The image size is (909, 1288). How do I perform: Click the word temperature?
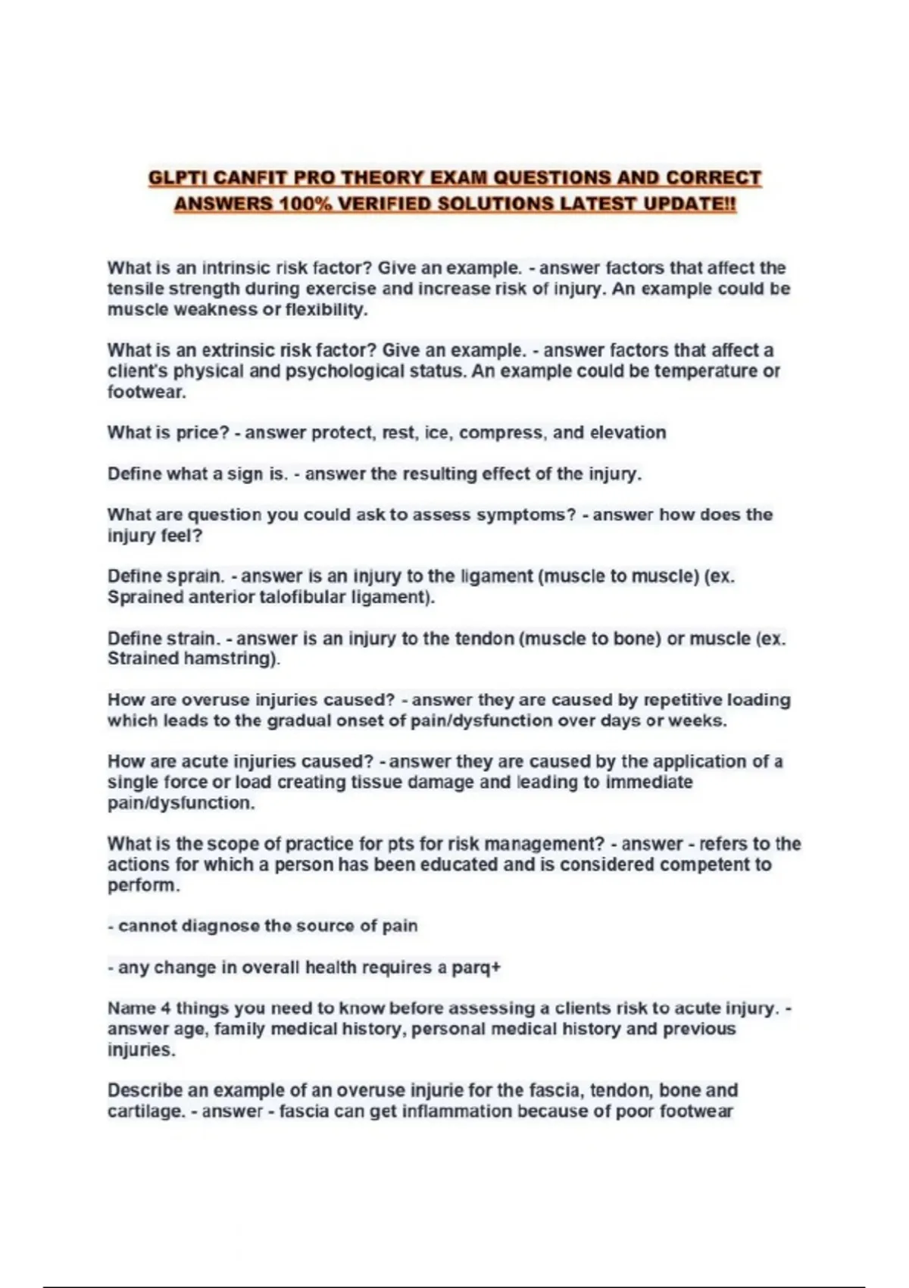(x=706, y=371)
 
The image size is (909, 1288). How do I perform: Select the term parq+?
(x=479, y=968)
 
